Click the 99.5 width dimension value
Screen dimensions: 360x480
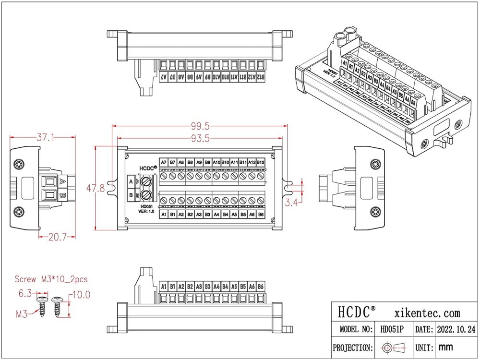pyautogui.click(x=200, y=126)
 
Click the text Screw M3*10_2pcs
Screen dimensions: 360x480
pyautogui.click(x=51, y=279)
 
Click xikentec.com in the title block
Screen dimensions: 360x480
pyautogui.click(x=427, y=313)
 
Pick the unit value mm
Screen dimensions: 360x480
pyautogui.click(x=446, y=347)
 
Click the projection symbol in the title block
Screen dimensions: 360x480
pyautogui.click(x=392, y=347)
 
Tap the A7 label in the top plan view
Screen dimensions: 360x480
pyautogui.click(x=164, y=163)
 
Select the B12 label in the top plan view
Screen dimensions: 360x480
pyautogui.click(x=261, y=163)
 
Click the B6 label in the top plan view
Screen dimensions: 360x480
pyautogui.click(x=261, y=214)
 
